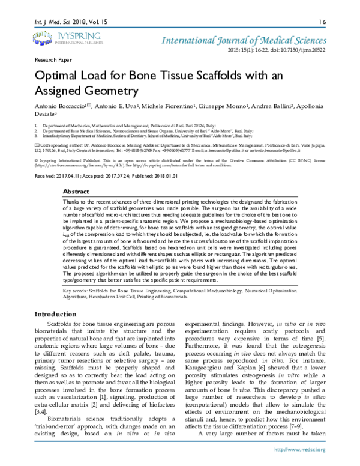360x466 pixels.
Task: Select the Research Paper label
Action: [x=52, y=61]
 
